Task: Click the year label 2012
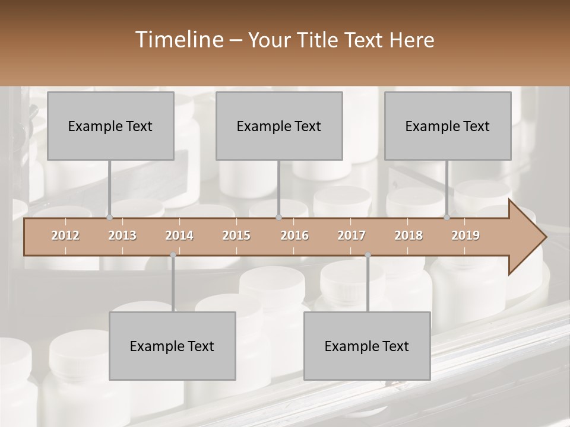[65, 235]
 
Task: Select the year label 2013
[122, 235]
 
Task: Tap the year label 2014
[179, 235]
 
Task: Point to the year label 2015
[236, 235]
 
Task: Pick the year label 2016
[294, 235]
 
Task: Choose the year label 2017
[351, 235]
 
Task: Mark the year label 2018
[408, 235]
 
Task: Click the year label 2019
[465, 235]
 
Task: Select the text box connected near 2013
[110, 126]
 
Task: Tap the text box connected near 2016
[279, 126]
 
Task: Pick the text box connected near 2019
[448, 126]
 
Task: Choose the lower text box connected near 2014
[172, 346]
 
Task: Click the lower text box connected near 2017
[367, 346]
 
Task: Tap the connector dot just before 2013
[109, 218]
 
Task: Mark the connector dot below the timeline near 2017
[368, 255]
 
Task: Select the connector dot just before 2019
[446, 218]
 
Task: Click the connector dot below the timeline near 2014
[173, 255]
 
